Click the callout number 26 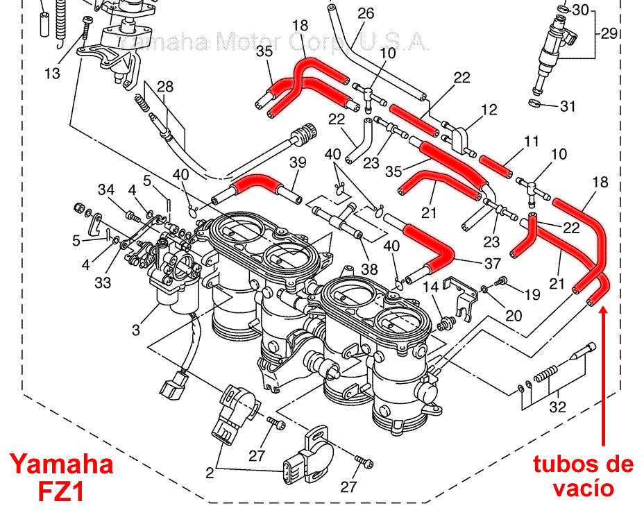point(365,13)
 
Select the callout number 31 point(568,107)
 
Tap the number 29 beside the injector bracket point(609,33)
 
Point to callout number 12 point(489,110)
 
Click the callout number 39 point(298,162)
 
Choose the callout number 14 point(430,287)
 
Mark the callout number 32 point(557,407)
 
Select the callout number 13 point(53,73)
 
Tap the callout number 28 point(165,86)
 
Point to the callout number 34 point(105,190)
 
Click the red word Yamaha point(61,464)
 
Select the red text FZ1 point(61,492)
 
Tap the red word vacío point(583,488)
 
